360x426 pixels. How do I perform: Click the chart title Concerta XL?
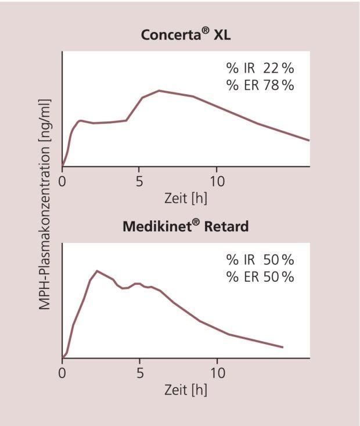coord(186,34)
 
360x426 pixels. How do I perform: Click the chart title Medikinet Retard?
coord(185,226)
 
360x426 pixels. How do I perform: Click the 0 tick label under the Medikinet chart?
coord(63,371)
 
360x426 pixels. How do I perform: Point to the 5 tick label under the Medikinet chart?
coord(139,371)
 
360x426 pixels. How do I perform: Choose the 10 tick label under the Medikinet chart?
coord(217,371)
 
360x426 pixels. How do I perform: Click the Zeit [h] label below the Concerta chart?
coord(186,198)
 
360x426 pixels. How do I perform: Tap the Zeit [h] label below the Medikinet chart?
coord(186,389)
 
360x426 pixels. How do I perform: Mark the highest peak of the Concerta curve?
coord(159,91)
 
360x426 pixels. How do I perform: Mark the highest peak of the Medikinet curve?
coord(97,271)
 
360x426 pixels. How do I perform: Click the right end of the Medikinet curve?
coord(283,347)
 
